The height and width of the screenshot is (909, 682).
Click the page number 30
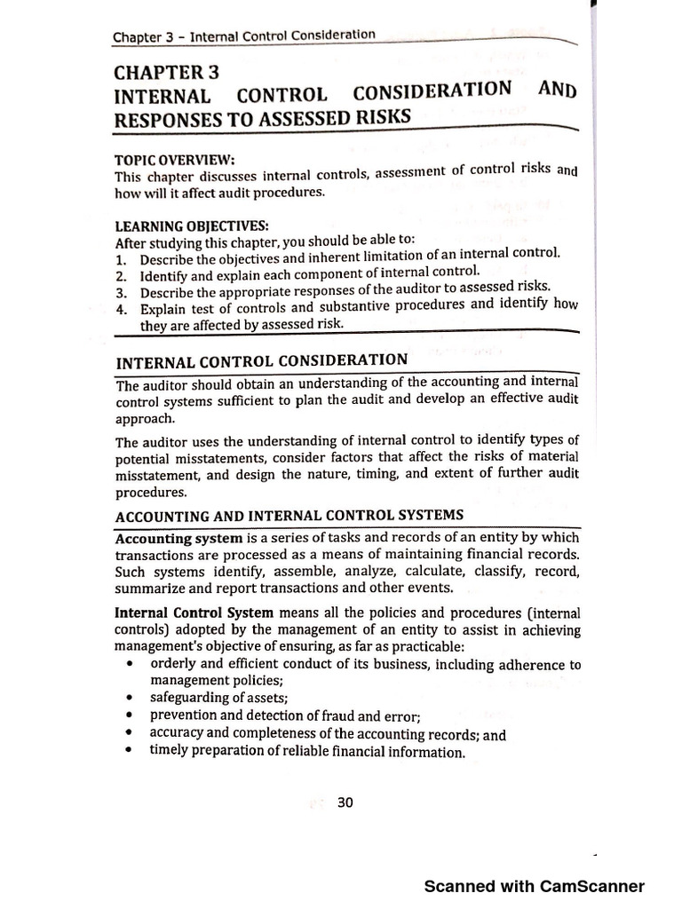point(345,802)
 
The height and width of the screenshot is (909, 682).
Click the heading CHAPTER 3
point(166,72)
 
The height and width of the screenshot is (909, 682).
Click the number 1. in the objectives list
point(122,258)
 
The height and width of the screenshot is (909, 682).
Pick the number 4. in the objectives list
point(122,309)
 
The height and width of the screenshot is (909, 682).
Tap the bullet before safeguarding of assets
point(131,698)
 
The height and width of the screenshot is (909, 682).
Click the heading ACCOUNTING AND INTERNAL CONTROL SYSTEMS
point(289,516)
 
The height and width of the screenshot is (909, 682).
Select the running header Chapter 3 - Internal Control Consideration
point(244,36)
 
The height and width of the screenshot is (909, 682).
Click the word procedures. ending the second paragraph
point(151,491)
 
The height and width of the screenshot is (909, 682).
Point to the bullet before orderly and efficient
point(131,664)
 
